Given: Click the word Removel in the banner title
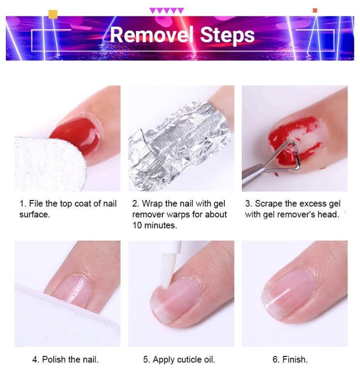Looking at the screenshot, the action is coord(152,35).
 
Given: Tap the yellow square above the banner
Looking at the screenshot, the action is coord(53,14).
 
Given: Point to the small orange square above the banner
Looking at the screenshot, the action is coord(315,10).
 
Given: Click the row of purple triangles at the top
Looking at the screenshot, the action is coord(167,11).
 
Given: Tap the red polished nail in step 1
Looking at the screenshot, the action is coord(77,135).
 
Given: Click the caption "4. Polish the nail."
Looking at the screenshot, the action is coord(65,359).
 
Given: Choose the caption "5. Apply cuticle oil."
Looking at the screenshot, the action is coord(179,359).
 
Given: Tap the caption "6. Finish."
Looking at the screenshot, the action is coord(290,359).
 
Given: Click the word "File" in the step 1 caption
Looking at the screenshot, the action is coord(36,203).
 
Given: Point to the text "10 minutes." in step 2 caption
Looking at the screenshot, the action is coord(155,225).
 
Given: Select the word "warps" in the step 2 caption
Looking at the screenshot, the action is coord(184,215).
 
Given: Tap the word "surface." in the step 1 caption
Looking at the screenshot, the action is coord(34,215).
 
